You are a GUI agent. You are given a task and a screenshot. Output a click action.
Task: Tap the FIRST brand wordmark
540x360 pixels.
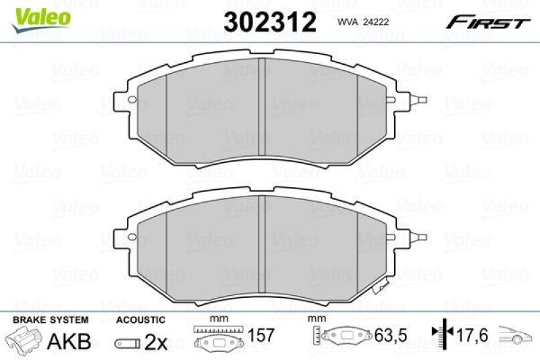(x=486, y=22)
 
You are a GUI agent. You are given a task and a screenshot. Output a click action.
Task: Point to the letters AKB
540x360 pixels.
(x=68, y=342)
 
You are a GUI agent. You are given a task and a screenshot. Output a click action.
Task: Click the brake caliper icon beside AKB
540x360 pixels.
(x=24, y=340)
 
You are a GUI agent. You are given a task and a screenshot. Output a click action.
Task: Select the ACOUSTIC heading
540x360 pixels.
(x=140, y=319)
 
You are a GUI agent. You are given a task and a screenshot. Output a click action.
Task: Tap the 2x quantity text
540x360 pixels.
(x=155, y=342)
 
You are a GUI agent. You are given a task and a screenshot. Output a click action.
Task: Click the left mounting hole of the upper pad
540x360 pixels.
(x=132, y=103)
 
